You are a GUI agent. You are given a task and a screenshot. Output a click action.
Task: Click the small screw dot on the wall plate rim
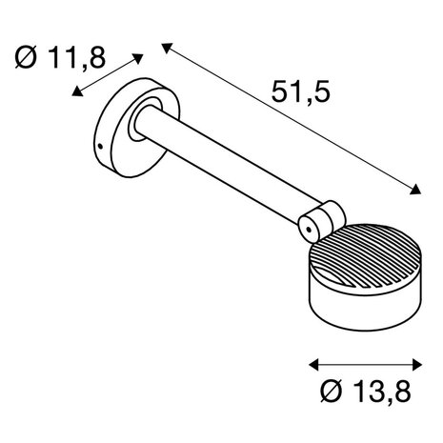[99, 147]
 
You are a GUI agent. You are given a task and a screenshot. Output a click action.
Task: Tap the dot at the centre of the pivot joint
[307, 226]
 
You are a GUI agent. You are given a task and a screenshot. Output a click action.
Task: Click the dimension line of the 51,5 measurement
[291, 118]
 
